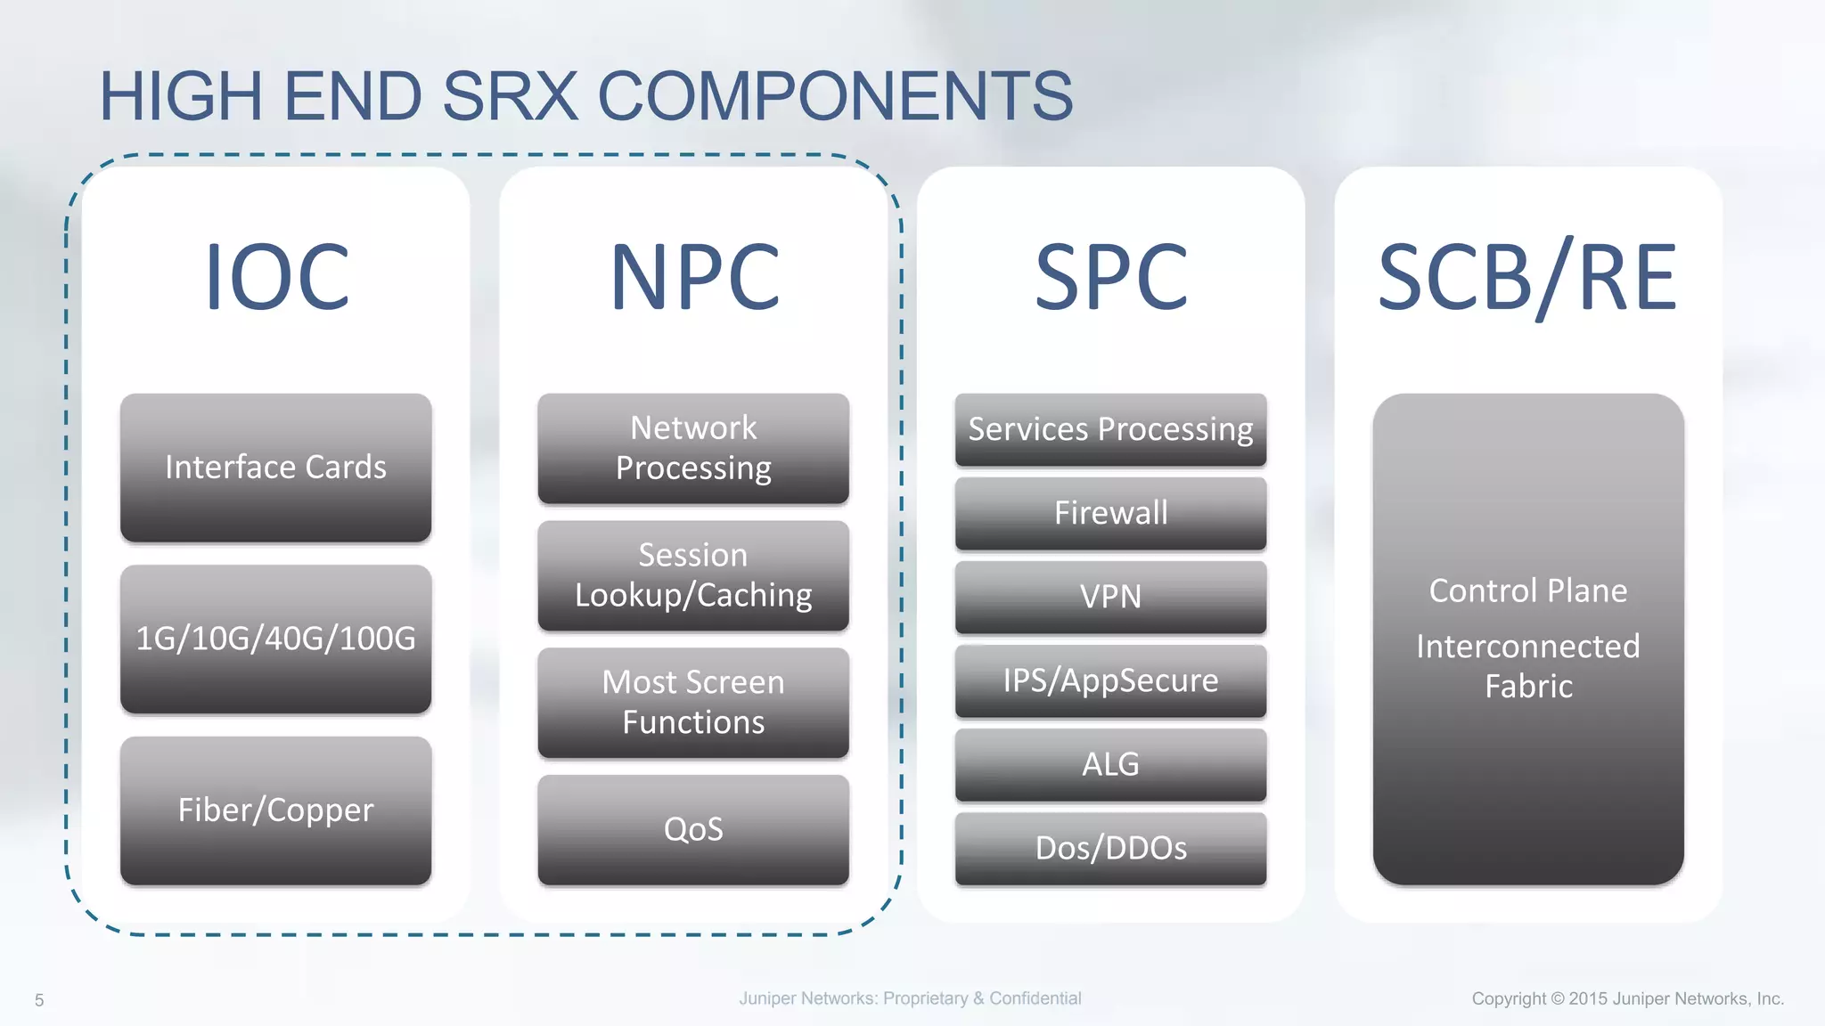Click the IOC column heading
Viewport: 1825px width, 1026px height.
276,278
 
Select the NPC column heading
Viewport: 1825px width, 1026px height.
694,278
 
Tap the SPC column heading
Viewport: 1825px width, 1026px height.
1110,278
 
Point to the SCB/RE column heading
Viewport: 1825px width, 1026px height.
1527,278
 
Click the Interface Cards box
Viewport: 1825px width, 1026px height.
275,468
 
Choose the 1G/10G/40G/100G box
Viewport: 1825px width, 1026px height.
275,639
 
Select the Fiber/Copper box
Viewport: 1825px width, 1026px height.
275,810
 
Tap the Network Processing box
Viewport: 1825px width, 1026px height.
693,448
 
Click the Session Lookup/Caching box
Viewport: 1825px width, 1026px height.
693,575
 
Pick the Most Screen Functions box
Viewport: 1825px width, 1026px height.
693,703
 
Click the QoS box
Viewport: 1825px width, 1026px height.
693,829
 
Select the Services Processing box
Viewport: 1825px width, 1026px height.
1110,429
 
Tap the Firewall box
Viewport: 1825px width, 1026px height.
1110,513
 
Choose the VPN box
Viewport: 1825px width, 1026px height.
1110,597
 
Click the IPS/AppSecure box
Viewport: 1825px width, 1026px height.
1110,680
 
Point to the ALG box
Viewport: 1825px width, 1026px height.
1110,764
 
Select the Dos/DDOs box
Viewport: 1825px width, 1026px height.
1110,848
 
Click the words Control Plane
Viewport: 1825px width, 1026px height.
1527,590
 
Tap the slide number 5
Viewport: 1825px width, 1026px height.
39,1000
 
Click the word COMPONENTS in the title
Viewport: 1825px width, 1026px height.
835,96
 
